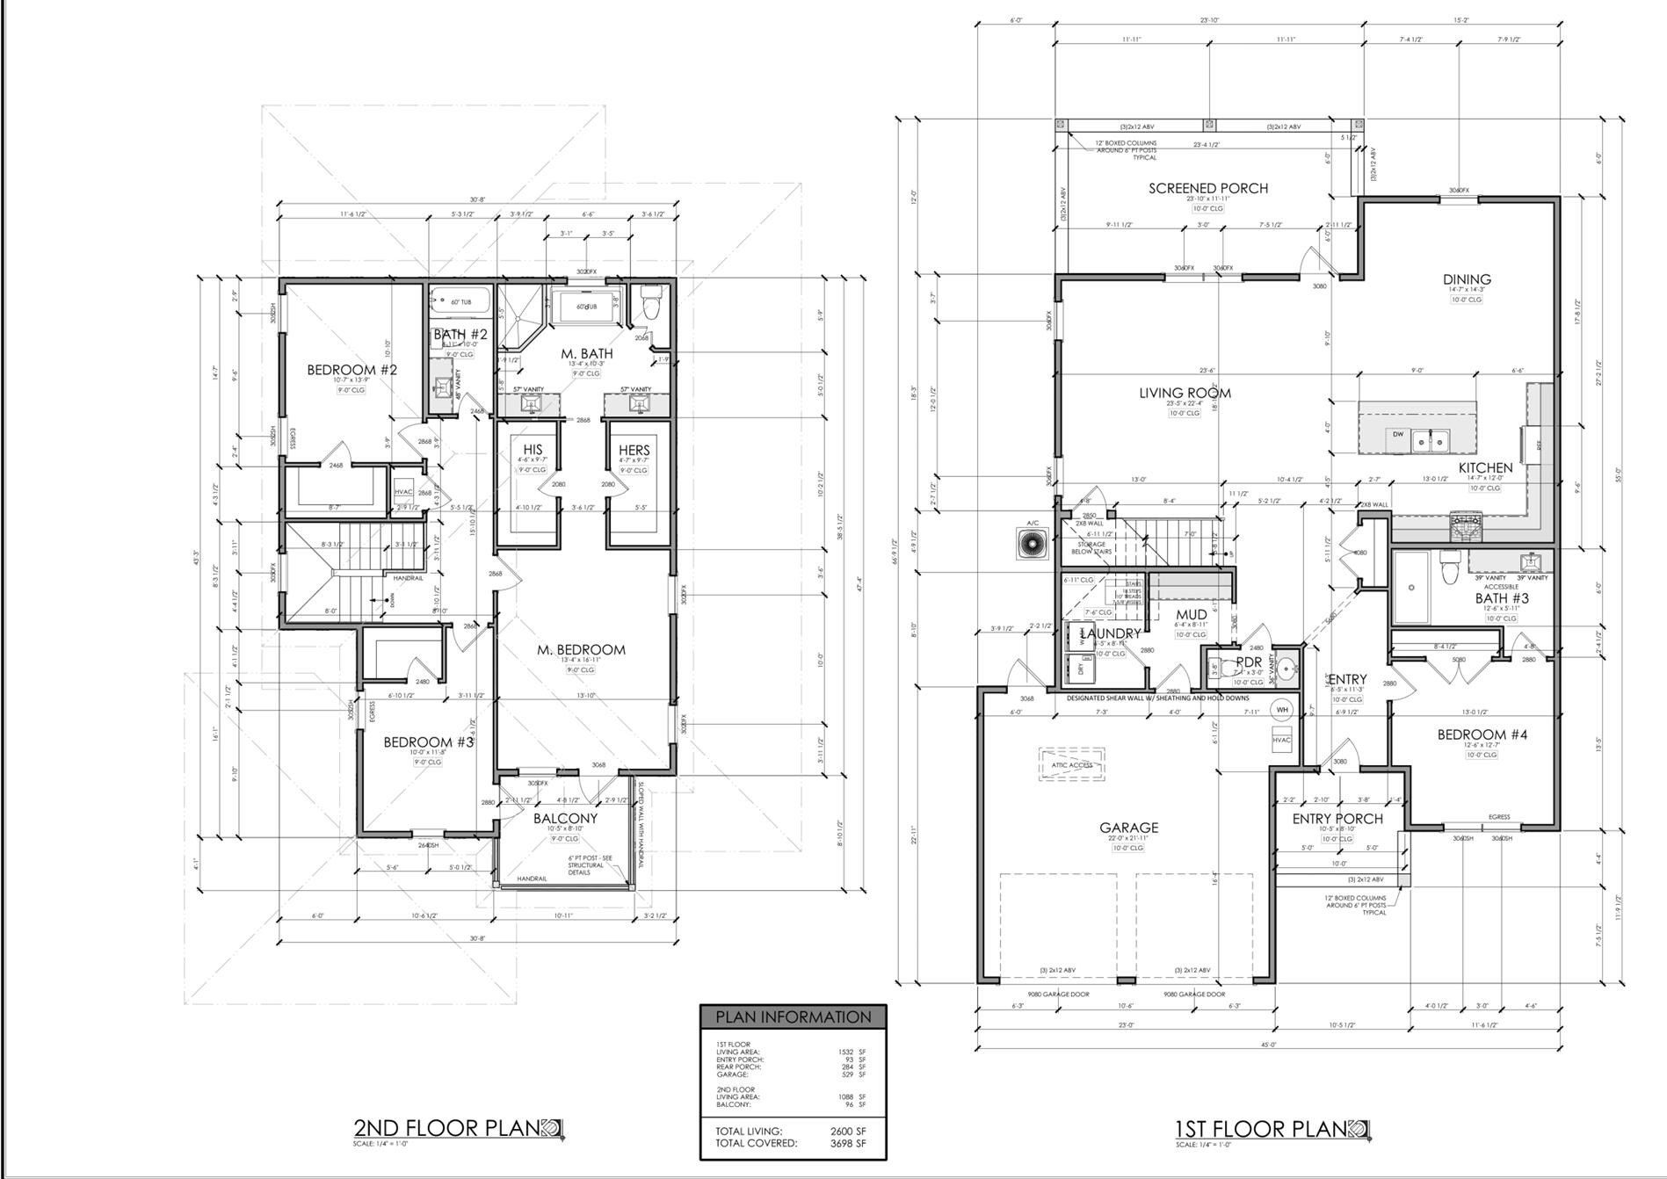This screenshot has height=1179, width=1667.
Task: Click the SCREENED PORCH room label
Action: pos(1208,188)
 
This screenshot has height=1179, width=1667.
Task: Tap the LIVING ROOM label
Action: pos(1185,393)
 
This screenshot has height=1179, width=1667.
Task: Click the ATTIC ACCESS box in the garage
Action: pos(1072,764)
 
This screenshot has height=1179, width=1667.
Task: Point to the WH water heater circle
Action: pos(1282,709)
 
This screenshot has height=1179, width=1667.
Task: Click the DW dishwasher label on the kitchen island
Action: pos(1397,434)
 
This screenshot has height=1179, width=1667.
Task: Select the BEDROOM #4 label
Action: pos(1482,734)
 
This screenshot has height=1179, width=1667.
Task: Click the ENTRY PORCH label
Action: pos(1337,819)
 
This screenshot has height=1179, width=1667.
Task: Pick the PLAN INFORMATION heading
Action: pos(793,1017)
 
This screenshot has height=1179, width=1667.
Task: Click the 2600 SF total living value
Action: pos(852,1132)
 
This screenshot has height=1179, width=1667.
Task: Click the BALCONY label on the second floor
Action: pos(565,818)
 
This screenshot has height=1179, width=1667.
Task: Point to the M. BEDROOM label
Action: pos(581,650)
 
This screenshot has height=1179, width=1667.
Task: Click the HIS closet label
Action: pos(533,450)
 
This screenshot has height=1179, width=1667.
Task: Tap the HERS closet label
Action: pos(634,450)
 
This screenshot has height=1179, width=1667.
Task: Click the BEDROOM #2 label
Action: pos(352,370)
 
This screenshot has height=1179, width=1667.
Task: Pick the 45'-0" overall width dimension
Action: pos(1268,1045)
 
